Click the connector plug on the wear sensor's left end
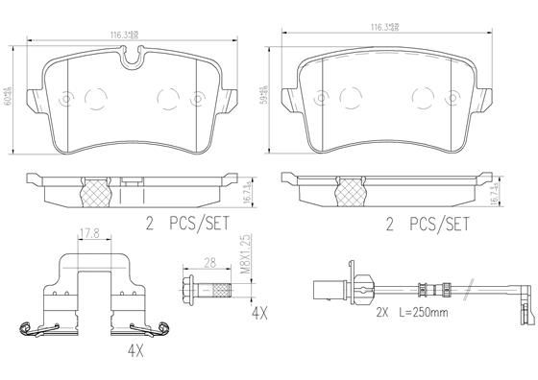pos(324,284)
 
